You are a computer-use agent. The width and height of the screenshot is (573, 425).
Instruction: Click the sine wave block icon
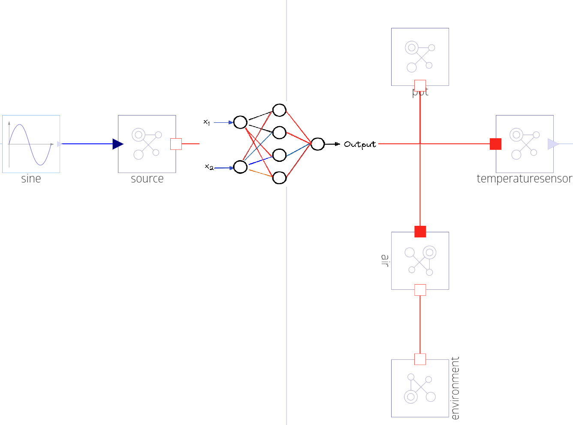(31, 144)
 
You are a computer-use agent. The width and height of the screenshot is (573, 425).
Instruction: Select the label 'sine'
(31, 179)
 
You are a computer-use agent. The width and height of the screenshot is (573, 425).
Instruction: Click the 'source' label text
(147, 179)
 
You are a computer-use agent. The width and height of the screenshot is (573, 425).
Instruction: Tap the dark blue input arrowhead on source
(118, 144)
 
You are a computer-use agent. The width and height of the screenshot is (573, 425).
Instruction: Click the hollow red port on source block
(176, 144)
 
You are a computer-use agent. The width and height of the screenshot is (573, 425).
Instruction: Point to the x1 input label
(207, 122)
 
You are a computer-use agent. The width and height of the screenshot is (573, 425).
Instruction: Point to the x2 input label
(209, 167)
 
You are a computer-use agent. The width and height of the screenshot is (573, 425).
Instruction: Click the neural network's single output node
(317, 144)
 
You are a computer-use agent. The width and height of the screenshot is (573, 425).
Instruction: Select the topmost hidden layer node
(279, 110)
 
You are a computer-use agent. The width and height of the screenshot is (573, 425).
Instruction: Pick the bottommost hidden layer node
(279, 178)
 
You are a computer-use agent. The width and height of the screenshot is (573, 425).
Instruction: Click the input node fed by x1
(240, 122)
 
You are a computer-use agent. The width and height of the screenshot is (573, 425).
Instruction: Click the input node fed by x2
(240, 167)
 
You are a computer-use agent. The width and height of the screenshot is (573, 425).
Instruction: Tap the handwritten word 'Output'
(360, 144)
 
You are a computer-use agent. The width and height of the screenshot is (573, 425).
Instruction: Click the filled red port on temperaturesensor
(496, 144)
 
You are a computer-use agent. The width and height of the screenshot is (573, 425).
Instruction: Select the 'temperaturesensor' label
(524, 179)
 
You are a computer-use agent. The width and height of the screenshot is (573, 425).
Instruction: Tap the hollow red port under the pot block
(420, 85)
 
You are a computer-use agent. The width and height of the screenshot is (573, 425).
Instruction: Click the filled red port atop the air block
(420, 231)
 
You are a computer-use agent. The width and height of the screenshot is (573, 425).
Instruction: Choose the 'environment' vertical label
(455, 388)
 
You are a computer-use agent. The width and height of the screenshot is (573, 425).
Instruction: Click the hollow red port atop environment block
(420, 359)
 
